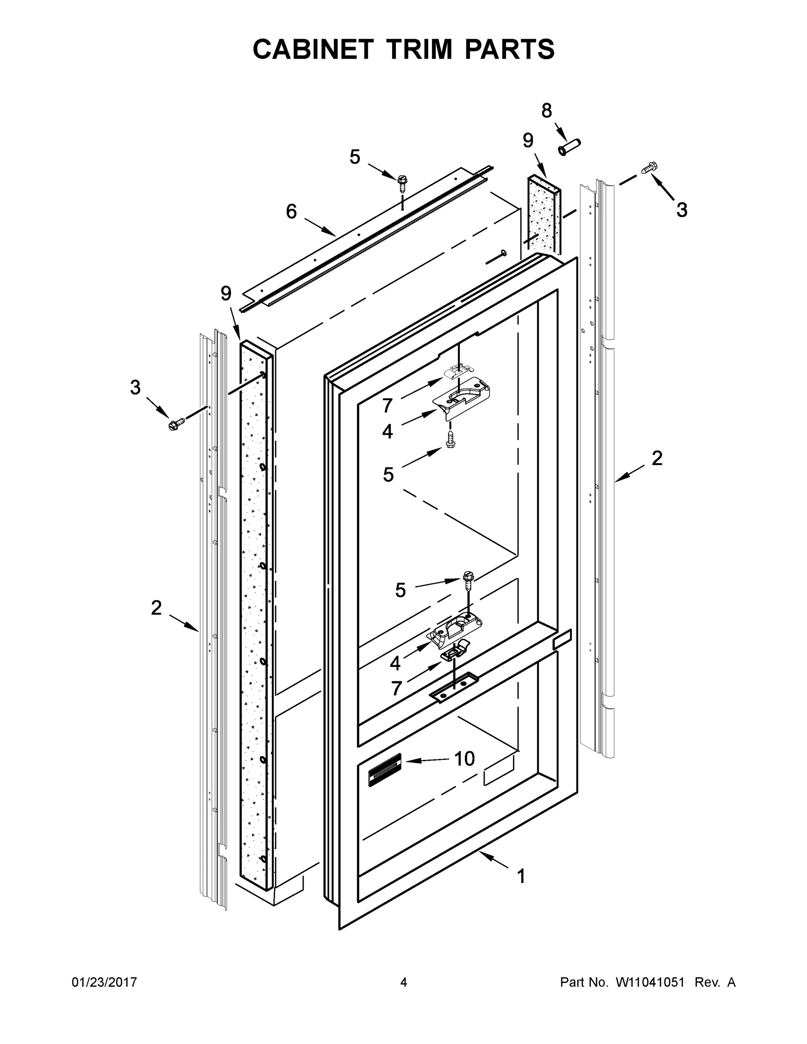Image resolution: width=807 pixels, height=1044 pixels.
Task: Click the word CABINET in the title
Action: click(x=313, y=49)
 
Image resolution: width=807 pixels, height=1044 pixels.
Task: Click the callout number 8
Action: click(x=546, y=111)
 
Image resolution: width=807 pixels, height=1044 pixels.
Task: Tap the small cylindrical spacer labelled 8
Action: click(x=569, y=147)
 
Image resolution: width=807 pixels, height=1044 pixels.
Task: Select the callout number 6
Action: click(x=291, y=211)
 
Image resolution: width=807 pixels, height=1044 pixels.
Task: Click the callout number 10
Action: click(x=464, y=759)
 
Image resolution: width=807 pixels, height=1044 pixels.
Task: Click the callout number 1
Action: click(x=522, y=876)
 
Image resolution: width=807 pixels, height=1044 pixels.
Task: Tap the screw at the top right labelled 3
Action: click(x=649, y=168)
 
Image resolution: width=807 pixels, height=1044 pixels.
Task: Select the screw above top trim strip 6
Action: click(x=402, y=182)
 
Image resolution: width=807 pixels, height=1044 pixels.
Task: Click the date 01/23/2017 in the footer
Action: click(x=104, y=982)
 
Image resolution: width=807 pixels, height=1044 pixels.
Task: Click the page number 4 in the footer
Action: click(x=404, y=982)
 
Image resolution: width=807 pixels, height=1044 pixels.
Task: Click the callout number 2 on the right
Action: click(x=657, y=458)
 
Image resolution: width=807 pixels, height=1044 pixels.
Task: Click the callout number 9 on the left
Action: click(x=226, y=293)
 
